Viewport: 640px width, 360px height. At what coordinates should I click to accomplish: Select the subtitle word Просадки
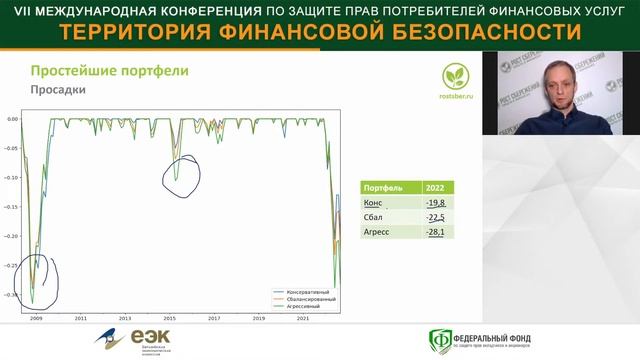tap(55, 90)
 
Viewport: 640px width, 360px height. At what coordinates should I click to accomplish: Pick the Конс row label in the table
tap(375, 202)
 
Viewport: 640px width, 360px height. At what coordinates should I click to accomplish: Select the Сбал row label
tap(375, 217)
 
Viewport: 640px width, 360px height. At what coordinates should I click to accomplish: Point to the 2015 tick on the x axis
tap(169, 318)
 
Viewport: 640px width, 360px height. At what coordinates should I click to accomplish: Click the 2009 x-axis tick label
tap(36, 318)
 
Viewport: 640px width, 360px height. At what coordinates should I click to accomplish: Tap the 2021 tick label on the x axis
tap(302, 318)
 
